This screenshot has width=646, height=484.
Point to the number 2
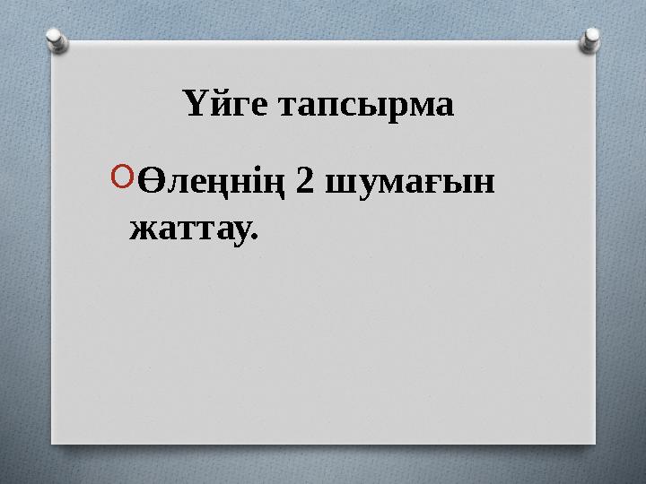[304, 182]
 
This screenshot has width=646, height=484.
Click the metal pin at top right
[591, 38]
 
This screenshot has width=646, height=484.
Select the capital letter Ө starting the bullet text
[153, 182]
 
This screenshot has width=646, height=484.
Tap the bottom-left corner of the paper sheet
[51, 442]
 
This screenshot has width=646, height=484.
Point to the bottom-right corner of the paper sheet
[595, 442]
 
